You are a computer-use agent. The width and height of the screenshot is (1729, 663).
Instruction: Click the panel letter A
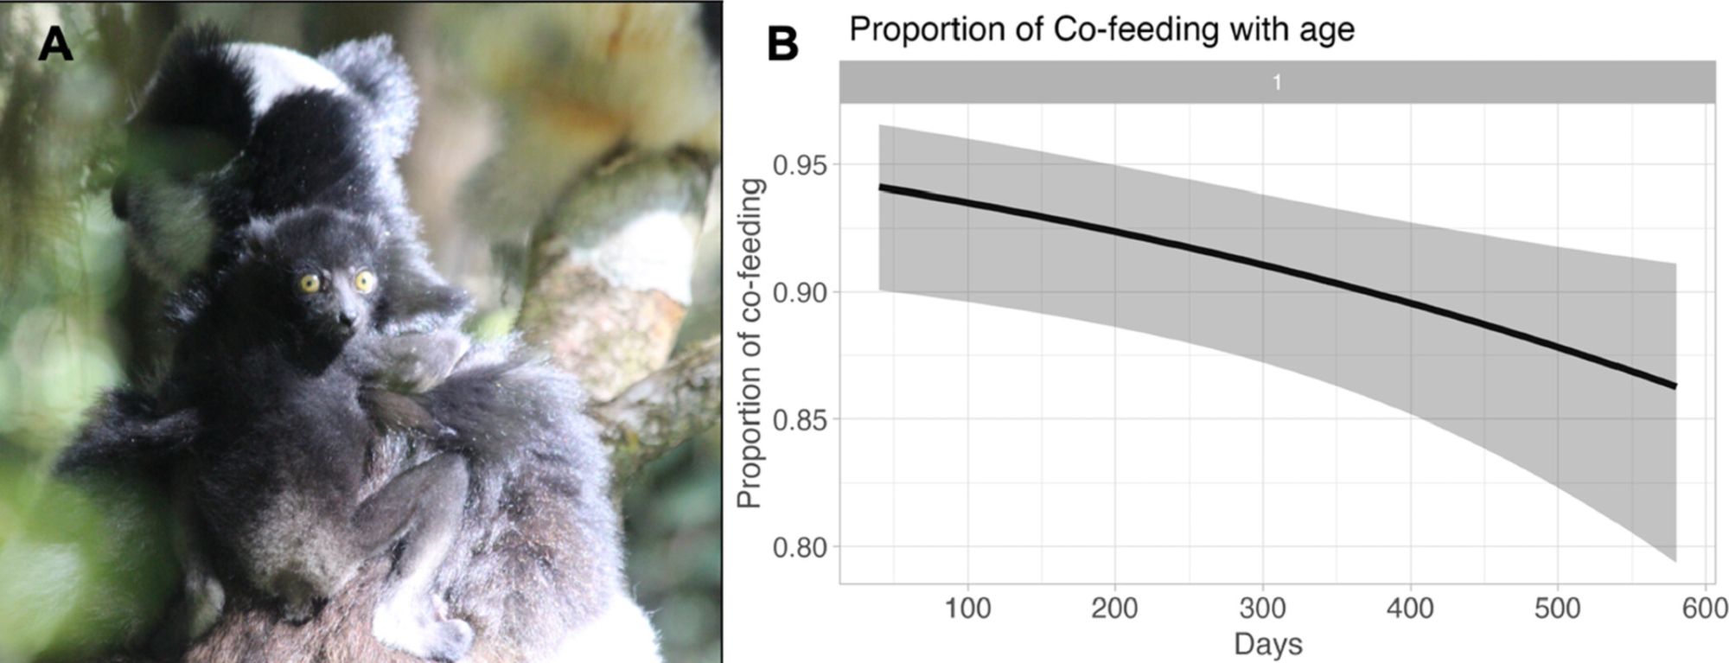tap(55, 43)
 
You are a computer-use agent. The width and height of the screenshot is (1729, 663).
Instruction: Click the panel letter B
tap(782, 43)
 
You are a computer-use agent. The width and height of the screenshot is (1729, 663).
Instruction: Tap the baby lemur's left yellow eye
tap(309, 283)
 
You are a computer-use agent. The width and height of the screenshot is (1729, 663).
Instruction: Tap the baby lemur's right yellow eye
tap(364, 280)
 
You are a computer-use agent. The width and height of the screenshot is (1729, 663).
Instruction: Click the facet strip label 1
tap(1277, 83)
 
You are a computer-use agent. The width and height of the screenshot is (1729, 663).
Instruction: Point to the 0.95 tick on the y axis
tap(800, 165)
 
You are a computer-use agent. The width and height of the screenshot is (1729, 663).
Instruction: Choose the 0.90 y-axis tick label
tap(800, 293)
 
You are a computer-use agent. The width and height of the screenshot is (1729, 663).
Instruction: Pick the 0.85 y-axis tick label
tap(800, 420)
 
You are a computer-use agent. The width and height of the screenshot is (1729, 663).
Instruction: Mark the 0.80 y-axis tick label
tap(800, 547)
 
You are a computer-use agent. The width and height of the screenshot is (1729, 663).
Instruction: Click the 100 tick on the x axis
tap(967, 609)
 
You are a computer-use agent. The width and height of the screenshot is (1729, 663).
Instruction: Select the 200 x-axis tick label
tap(1114, 609)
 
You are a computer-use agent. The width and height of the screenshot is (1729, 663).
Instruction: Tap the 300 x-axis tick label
tap(1262, 609)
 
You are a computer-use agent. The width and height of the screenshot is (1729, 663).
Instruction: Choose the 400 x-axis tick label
tap(1410, 609)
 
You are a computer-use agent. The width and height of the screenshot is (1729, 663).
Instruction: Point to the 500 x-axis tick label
tap(1557, 609)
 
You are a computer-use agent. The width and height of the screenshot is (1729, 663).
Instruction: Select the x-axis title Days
tap(1267, 644)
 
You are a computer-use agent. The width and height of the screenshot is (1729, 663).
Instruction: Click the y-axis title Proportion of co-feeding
tap(749, 343)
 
